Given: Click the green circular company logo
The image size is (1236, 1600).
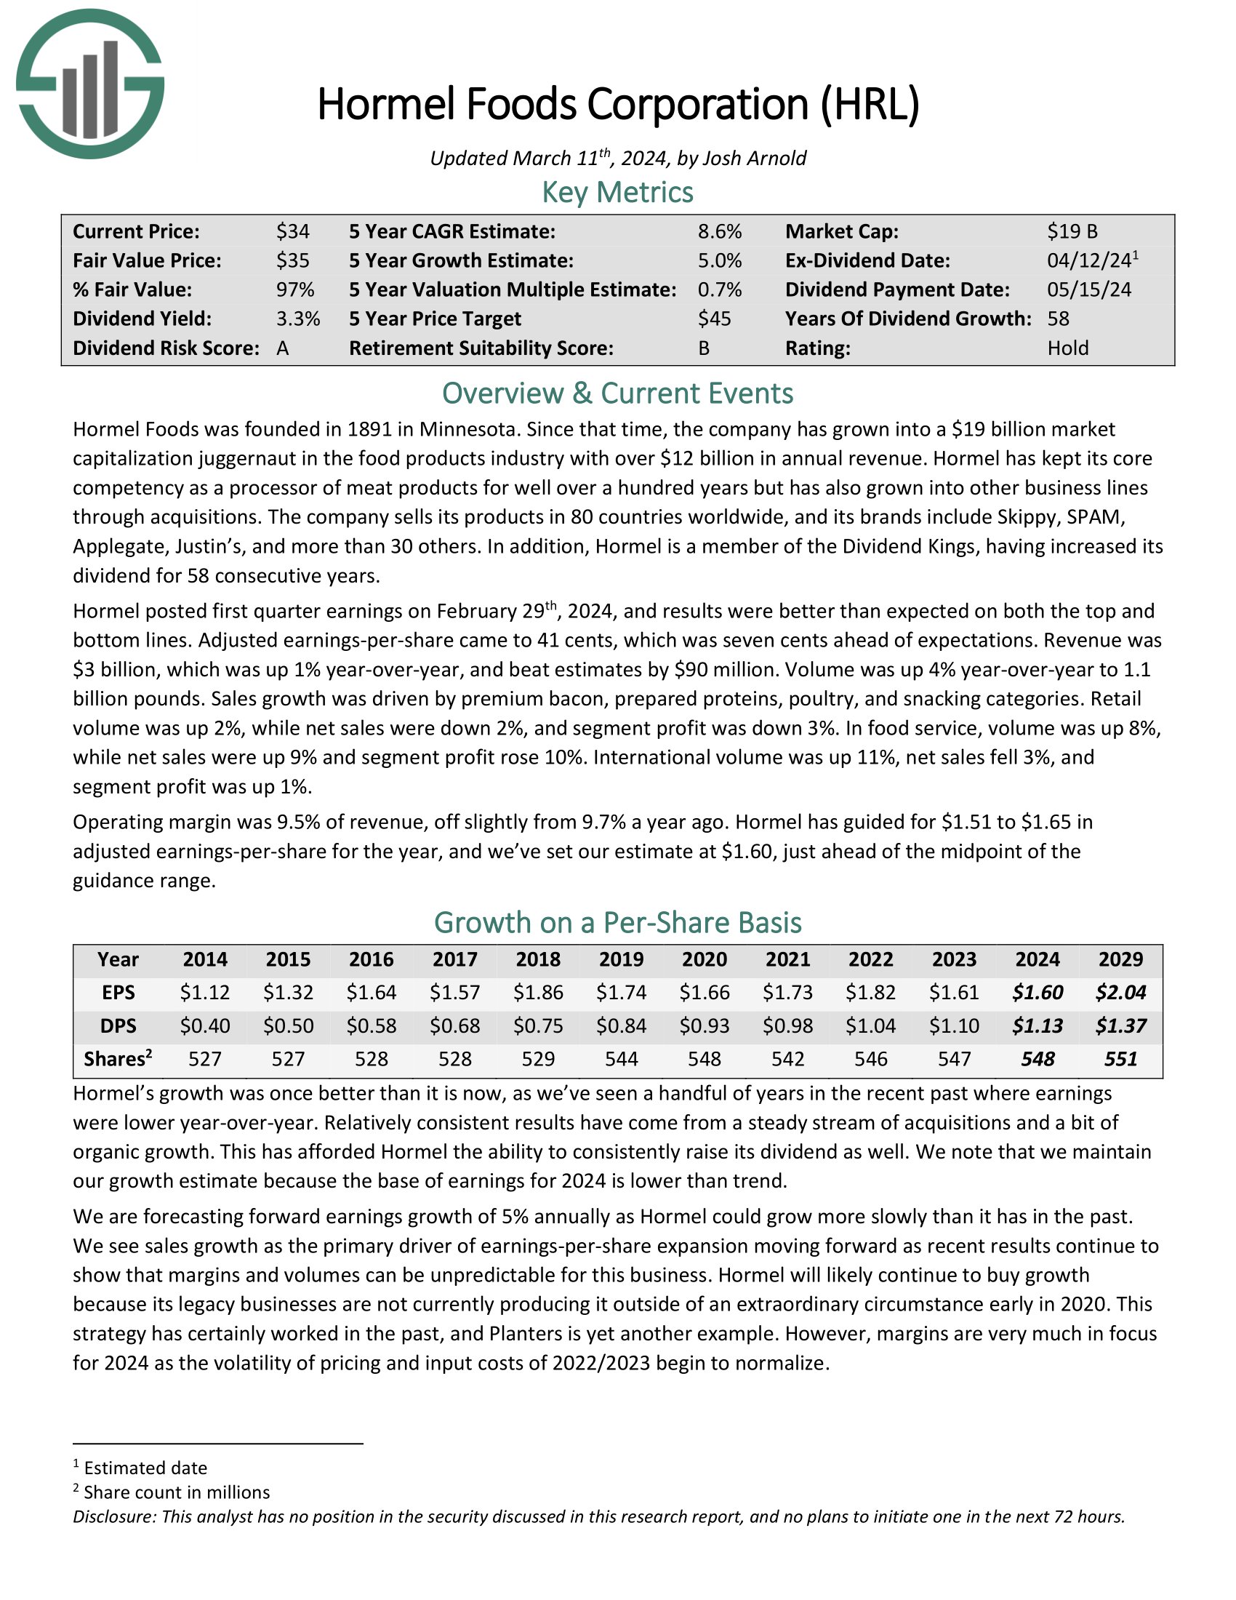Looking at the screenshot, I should pos(90,84).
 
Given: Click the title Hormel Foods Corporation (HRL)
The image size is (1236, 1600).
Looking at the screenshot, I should pos(617,104).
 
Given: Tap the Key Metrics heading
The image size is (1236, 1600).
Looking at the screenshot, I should pos(617,193).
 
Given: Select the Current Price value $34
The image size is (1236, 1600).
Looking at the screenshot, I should pos(293,231).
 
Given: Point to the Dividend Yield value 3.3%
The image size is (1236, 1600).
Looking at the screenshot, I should pos(298,319).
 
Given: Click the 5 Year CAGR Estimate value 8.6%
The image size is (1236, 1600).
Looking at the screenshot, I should pos(719,231).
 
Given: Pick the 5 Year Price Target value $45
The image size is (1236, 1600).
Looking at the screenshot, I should pos(714,319).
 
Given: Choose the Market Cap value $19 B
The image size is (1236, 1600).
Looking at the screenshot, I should pos(1072,231).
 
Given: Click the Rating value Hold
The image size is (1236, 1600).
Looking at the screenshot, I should pos(1067,348).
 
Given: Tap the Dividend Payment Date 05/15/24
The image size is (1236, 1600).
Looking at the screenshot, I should pos(1089,289).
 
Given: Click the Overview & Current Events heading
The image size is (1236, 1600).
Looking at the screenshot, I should pos(617,393).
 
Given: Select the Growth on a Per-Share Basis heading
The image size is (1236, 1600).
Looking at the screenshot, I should pos(617,922).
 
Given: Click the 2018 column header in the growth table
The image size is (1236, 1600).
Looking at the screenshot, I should pos(538,960).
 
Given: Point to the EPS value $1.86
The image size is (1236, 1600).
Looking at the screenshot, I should pos(538,993).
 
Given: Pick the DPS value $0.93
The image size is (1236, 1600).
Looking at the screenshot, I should pos(705,1025).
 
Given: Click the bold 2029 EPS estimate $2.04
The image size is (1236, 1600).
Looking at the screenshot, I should pos(1120,993).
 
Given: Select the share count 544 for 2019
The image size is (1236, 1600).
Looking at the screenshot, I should pos(622,1060).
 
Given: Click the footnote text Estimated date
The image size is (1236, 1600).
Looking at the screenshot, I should pos(145,1468).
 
